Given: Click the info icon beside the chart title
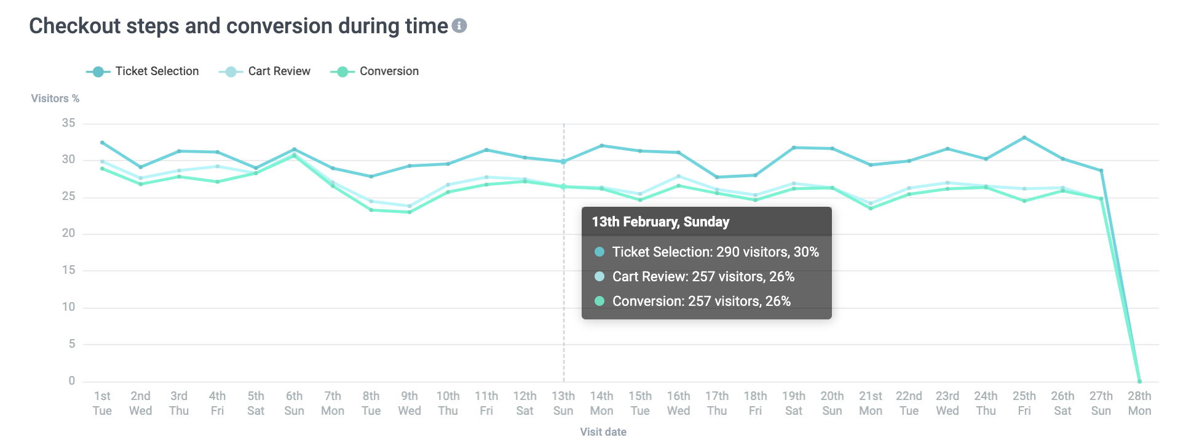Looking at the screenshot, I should (x=459, y=26).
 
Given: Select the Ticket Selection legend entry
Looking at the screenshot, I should (x=143, y=71).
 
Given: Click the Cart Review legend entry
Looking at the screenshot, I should (x=265, y=71).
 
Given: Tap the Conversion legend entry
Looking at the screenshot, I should (x=375, y=71).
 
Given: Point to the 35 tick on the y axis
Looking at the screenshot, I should (x=68, y=123).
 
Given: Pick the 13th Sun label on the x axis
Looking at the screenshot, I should (x=563, y=403).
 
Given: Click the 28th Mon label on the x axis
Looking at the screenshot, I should (x=1139, y=403).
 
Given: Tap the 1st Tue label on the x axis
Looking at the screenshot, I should (x=102, y=403).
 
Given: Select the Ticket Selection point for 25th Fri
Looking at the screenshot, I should (x=1024, y=137).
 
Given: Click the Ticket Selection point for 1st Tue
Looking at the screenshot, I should (x=102, y=143).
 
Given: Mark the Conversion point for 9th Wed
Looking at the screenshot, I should (x=410, y=212).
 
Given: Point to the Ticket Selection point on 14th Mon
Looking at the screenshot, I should (x=601, y=146).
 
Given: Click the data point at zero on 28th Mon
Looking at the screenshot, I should (x=1139, y=382).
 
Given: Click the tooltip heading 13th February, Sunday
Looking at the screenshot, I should (x=660, y=222).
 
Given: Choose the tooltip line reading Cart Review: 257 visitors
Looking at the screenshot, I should (x=703, y=277).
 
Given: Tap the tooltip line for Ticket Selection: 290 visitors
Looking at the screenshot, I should (x=715, y=252).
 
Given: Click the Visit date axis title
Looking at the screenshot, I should (x=603, y=432).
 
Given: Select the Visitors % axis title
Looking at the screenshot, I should (x=55, y=98).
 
